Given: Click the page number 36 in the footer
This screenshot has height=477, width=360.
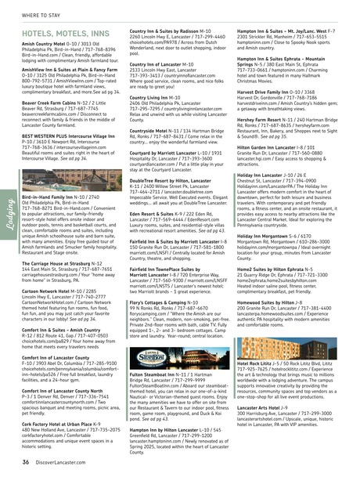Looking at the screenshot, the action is pos(26,463).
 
